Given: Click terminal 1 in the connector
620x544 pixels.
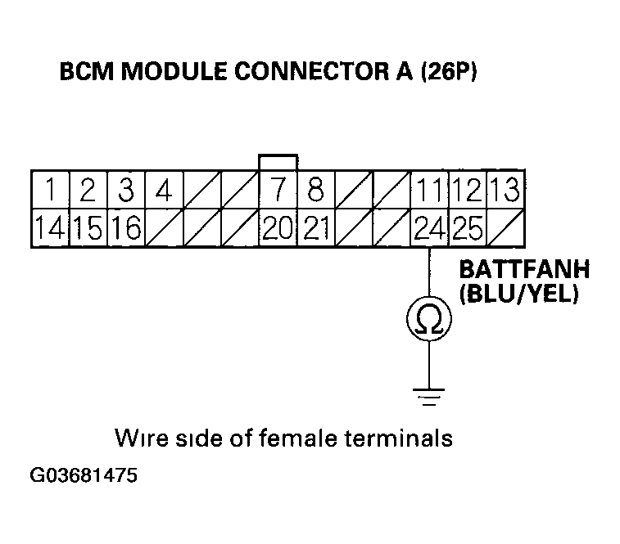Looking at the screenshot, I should [x=50, y=191].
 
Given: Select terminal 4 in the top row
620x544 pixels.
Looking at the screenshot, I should [x=164, y=191].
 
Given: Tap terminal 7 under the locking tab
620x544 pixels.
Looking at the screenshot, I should [x=278, y=191].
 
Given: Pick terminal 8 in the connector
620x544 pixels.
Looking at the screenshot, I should [x=315, y=191].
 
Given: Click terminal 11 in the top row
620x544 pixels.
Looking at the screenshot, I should [x=429, y=191].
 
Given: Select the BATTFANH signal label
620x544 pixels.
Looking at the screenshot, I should [x=523, y=270].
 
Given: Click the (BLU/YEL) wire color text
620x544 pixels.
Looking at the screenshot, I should [x=519, y=294].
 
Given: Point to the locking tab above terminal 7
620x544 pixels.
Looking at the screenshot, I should [x=278, y=161].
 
